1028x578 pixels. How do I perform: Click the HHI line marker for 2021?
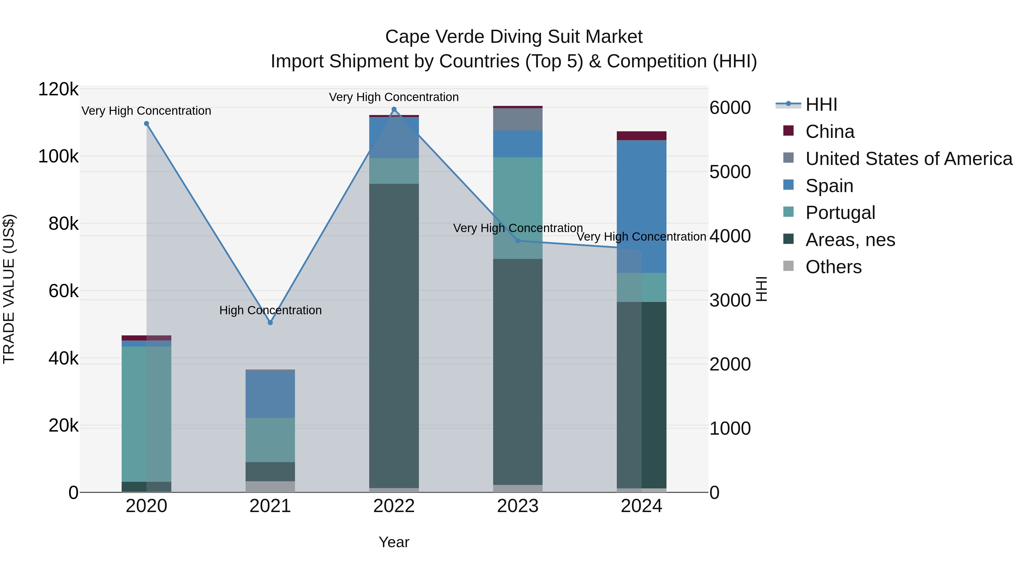(270, 322)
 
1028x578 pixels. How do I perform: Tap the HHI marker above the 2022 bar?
(394, 109)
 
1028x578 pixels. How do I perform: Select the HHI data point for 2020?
(146, 124)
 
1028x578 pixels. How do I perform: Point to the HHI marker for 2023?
(518, 241)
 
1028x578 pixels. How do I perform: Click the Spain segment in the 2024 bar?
(641, 206)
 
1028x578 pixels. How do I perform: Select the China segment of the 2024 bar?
(641, 136)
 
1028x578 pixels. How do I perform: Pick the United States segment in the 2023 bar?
(518, 119)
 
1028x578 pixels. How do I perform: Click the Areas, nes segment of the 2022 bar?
(394, 335)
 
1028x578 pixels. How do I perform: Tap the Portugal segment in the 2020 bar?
(146, 414)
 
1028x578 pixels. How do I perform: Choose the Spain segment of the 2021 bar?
(270, 394)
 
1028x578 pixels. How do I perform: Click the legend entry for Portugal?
(840, 213)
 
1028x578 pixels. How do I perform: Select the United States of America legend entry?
(909, 159)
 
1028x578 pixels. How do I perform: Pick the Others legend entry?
(833, 267)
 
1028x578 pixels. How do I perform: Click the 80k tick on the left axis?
(63, 224)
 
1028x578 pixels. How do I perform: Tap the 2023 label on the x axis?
(518, 506)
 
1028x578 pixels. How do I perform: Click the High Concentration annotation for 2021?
(270, 310)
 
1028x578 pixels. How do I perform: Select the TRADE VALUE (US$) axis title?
(9, 289)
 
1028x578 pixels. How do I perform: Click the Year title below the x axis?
(394, 542)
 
